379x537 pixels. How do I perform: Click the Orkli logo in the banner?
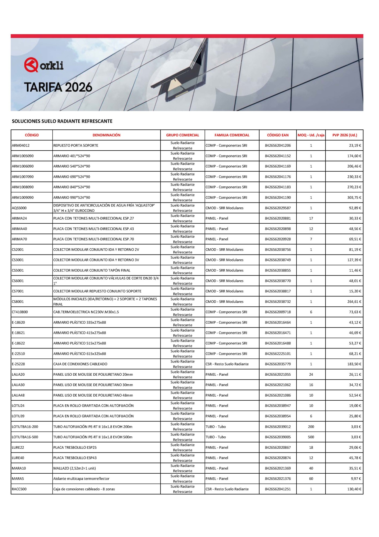44,65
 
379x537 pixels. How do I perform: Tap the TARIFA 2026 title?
58,87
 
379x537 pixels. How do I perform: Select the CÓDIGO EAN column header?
278,135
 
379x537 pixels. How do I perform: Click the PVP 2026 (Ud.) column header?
345,135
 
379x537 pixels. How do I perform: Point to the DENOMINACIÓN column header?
106,135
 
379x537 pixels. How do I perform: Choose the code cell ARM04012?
21,146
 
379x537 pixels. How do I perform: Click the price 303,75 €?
354,198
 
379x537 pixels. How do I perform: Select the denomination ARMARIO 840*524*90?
72,187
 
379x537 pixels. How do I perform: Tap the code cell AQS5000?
19,208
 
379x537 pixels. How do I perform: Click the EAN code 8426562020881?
278,219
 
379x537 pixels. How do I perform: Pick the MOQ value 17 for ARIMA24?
311,219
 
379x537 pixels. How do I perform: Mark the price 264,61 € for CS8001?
354,302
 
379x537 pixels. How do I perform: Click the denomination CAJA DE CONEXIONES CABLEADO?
80,364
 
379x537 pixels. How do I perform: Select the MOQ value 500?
311,437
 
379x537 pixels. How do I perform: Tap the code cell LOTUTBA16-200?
25,427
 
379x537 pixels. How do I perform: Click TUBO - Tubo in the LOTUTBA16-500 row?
216,437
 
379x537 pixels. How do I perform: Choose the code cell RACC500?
19,489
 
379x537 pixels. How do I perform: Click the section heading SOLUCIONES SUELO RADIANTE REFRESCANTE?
62,121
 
